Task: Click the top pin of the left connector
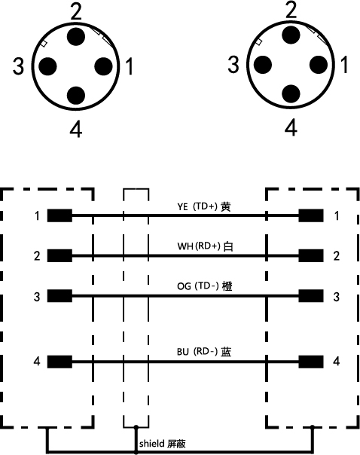[76, 37]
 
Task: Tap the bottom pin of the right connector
[291, 93]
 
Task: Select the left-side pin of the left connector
[47, 66]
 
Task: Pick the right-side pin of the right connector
[319, 65]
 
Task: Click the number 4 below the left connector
[76, 130]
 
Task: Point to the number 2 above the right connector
[291, 10]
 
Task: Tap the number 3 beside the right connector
[233, 65]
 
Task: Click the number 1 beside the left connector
[130, 66]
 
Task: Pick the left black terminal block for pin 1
[59, 215]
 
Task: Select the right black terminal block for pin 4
[311, 362]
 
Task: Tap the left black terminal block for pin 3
[59, 296]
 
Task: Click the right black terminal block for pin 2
[311, 255]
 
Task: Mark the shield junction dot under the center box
[136, 427]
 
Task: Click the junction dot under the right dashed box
[312, 427]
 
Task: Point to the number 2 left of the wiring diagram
[37, 255]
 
